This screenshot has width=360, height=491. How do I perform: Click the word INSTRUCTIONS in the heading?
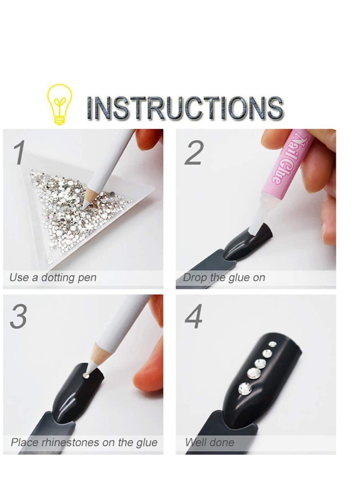click(x=185, y=108)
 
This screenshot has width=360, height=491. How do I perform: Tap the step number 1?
click(x=18, y=153)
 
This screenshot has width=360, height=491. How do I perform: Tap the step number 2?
click(x=193, y=153)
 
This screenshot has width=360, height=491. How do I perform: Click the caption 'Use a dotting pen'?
click(x=53, y=278)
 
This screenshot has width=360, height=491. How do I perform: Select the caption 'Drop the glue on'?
click(x=224, y=278)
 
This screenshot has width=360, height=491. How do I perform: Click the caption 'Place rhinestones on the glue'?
click(x=84, y=442)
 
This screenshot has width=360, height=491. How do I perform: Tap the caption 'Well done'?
click(x=210, y=442)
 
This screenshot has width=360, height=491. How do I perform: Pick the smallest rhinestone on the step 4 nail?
click(x=272, y=344)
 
